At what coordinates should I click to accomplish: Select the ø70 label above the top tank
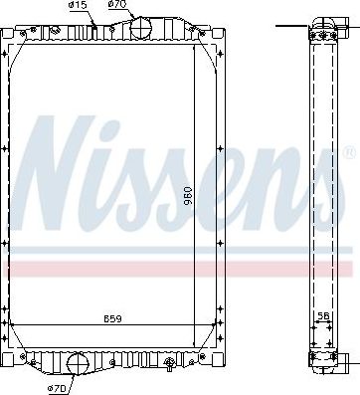[x=118, y=5]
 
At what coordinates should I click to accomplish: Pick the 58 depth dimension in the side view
[x=322, y=316]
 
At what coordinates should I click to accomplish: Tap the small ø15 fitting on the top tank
[x=91, y=26]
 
